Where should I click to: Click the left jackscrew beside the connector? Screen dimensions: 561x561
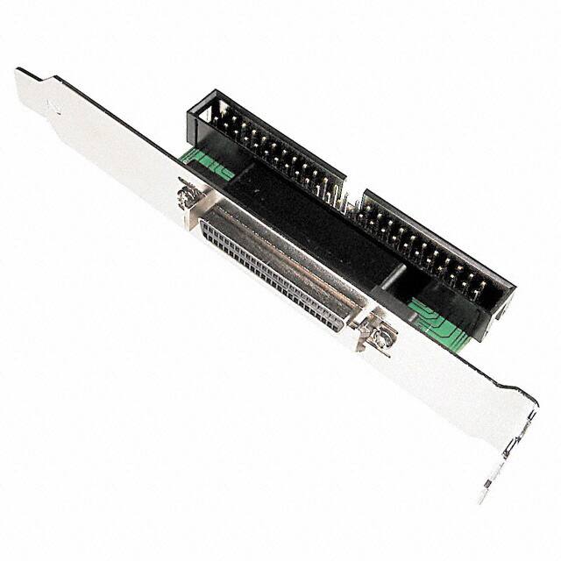click(x=186, y=197)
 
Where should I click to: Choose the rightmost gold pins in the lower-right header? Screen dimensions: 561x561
click(x=478, y=285)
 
